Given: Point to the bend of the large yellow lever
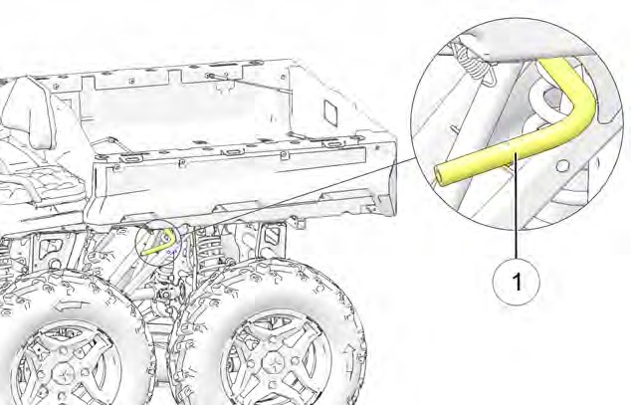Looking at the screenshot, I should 579,101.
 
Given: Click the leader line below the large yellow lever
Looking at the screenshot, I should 516,209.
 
